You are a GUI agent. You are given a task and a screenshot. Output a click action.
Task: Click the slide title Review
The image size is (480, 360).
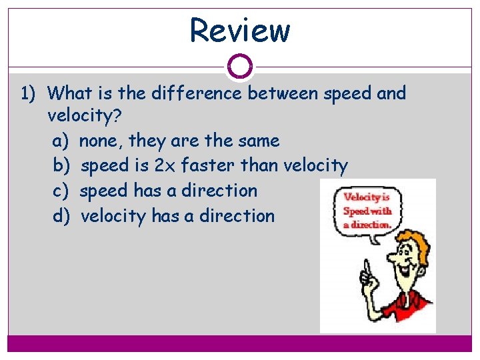tap(240, 31)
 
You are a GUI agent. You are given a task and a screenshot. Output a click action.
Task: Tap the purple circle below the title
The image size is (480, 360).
tap(240, 67)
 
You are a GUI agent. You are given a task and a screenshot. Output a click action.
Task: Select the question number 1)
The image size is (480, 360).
tap(31, 93)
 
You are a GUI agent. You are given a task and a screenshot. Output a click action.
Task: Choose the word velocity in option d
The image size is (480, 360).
tap(113, 216)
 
